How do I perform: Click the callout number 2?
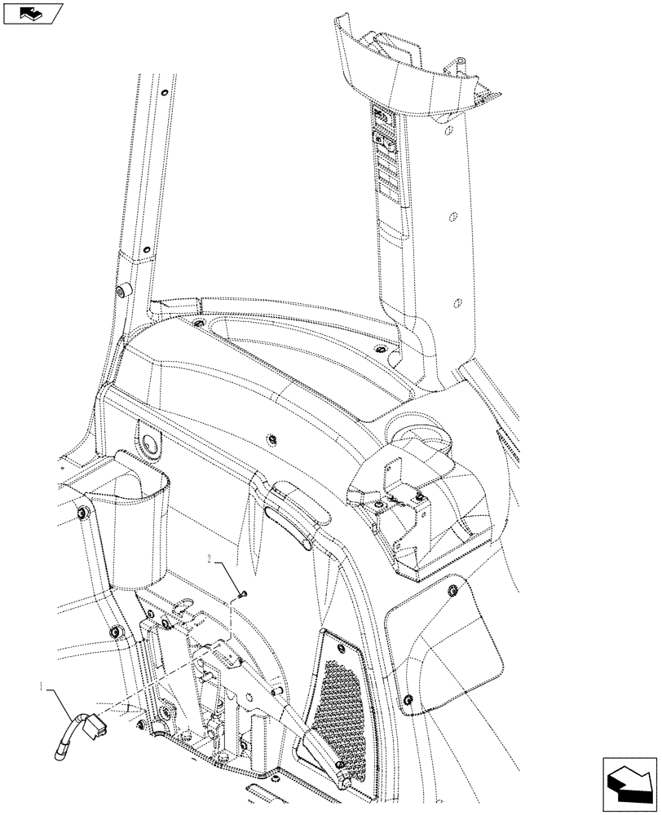point(210,561)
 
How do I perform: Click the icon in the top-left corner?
point(33,13)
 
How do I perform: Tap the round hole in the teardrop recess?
point(152,443)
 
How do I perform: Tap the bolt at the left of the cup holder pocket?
point(82,513)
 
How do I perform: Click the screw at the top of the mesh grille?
point(326,632)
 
